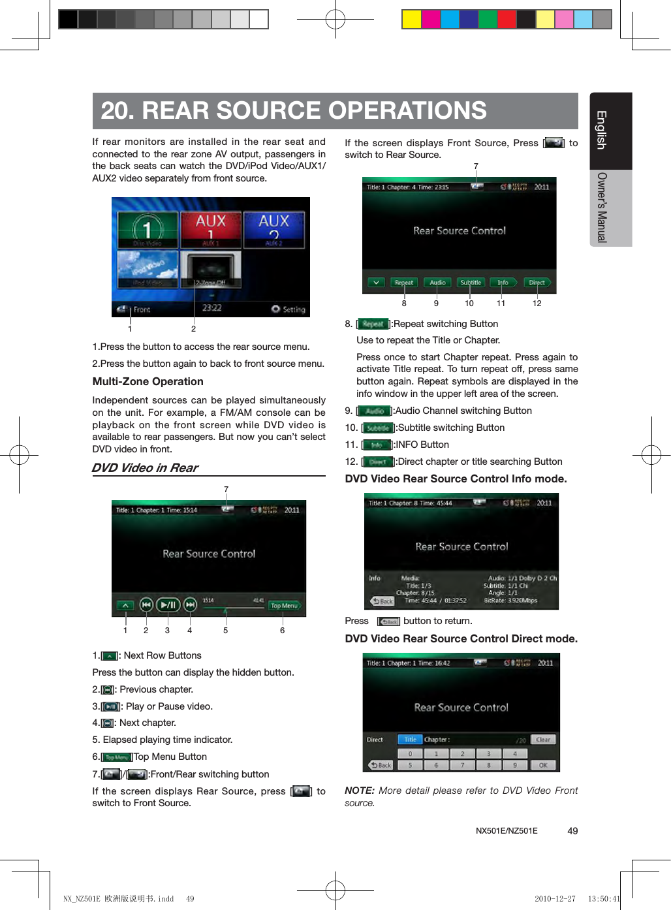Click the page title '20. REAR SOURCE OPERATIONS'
point(294,110)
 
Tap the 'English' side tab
point(601,130)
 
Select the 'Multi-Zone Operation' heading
point(148,382)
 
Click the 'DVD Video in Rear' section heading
point(145,468)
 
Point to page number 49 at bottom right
point(572,831)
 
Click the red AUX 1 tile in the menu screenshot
point(210,229)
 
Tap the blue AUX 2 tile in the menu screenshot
point(273,229)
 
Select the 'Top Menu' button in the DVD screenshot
point(284,606)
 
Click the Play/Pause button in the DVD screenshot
point(168,605)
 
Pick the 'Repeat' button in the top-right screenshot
point(403,283)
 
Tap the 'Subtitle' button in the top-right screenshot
point(471,283)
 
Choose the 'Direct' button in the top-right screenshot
point(537,283)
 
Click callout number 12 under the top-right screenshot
point(537,304)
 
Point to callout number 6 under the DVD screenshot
point(282,631)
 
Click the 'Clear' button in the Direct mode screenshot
point(543,740)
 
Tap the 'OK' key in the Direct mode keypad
point(543,765)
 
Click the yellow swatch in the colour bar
point(411,20)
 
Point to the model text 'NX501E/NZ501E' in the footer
point(507,831)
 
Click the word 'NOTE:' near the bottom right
point(359,791)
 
